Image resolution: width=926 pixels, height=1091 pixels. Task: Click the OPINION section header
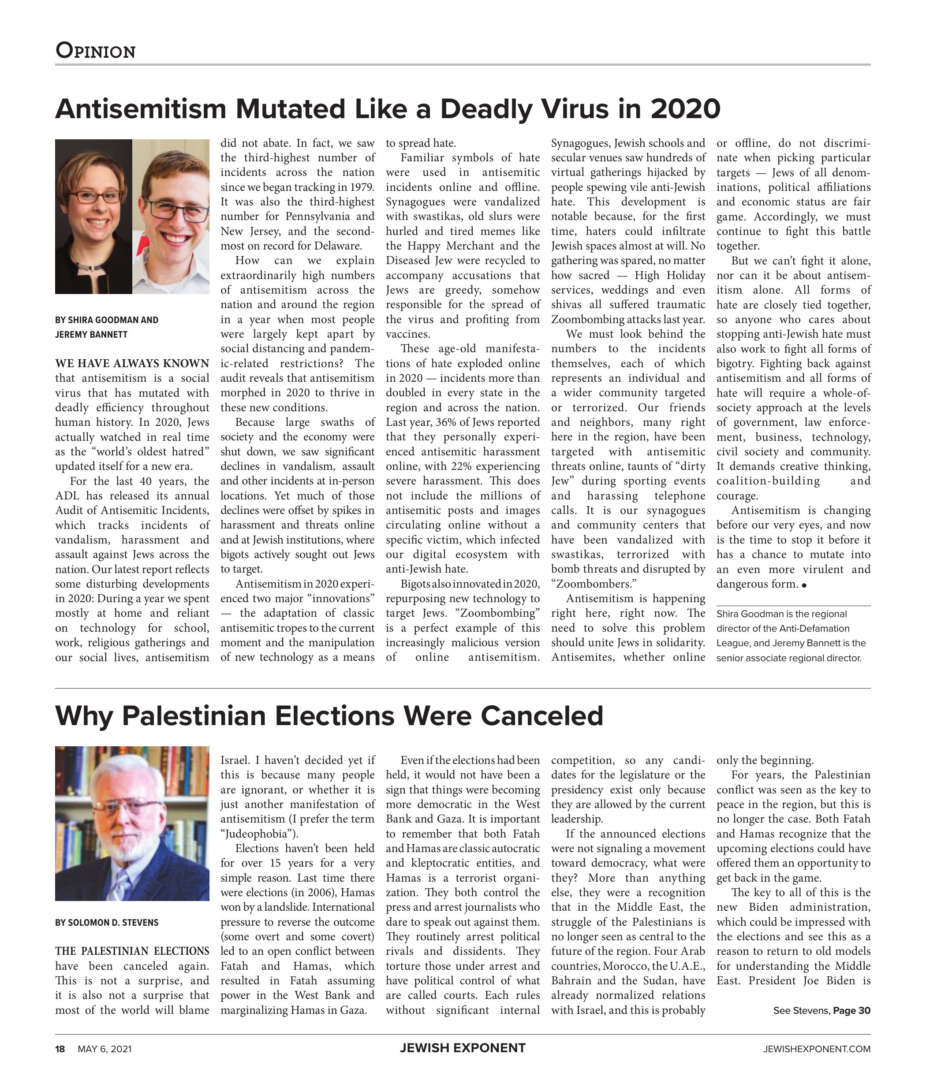click(x=96, y=51)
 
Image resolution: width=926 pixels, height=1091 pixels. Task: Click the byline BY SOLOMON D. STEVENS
click(x=107, y=922)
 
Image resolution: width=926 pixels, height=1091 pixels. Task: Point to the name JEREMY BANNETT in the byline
click(x=91, y=334)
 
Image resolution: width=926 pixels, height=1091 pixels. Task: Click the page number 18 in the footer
click(x=60, y=1049)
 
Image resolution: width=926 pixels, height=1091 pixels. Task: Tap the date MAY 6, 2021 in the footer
click(x=105, y=1049)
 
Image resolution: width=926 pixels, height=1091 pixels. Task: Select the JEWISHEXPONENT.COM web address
click(x=816, y=1049)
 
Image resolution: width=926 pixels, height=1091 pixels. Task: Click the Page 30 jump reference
click(x=851, y=1010)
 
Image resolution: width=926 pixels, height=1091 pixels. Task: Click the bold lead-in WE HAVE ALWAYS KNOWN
click(x=132, y=363)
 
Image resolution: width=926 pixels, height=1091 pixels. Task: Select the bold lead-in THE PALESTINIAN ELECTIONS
click(x=132, y=951)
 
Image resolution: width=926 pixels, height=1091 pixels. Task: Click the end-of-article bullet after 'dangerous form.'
click(x=804, y=585)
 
